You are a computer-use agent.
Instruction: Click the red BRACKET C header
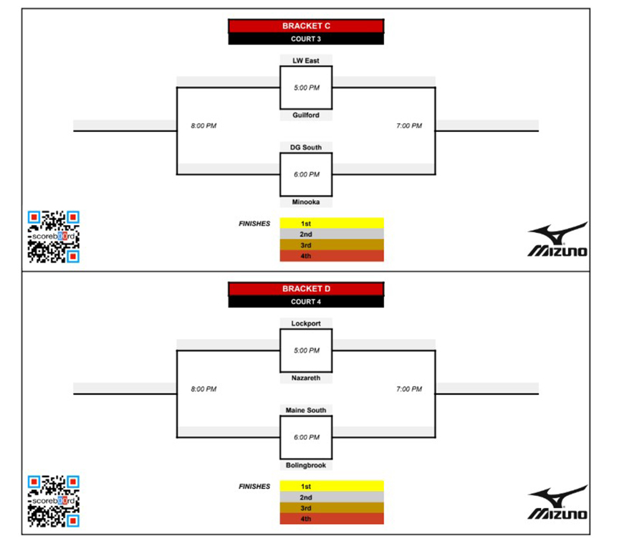click(306, 26)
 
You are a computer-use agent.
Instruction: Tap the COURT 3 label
click(306, 39)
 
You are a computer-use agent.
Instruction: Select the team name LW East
click(306, 60)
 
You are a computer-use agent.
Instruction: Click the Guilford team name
click(306, 115)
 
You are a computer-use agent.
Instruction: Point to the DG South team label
click(306, 148)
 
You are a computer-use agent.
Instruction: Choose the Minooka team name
click(306, 202)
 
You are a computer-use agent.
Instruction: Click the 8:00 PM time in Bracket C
click(203, 125)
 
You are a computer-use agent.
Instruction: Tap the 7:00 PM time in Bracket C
click(409, 125)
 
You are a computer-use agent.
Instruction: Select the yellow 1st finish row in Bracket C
click(332, 223)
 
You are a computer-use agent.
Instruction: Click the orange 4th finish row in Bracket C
click(332, 256)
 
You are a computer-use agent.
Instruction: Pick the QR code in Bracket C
click(54, 237)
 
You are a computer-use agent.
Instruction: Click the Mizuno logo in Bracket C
click(557, 239)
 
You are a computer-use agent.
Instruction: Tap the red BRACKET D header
click(306, 289)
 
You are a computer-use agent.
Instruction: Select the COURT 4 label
click(306, 302)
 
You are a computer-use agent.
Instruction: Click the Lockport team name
click(306, 323)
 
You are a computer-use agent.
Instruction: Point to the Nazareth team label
click(306, 378)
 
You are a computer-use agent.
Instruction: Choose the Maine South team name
click(306, 410)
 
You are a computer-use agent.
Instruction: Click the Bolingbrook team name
click(306, 465)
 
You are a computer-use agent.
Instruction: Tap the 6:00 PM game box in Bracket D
click(306, 438)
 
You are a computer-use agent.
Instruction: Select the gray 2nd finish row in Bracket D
click(332, 497)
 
